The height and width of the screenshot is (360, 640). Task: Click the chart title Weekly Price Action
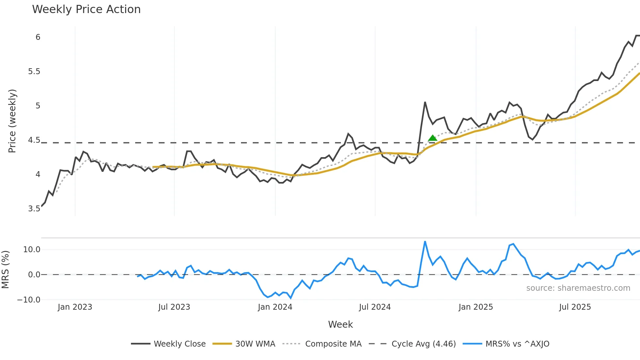[x=86, y=9]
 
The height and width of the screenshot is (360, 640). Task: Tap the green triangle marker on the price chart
[x=433, y=138]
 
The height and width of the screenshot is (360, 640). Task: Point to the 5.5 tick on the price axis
[x=34, y=72]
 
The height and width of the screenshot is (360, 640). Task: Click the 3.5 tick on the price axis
[x=34, y=209]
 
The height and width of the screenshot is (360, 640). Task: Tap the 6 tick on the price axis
[x=38, y=37]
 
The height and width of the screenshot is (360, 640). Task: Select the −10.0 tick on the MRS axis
[x=29, y=300]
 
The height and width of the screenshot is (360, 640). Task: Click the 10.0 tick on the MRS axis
[x=32, y=250]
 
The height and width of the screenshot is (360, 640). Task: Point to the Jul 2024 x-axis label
[x=375, y=307]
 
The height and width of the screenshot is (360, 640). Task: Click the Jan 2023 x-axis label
[x=75, y=307]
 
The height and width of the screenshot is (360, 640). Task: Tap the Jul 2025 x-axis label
[x=575, y=307]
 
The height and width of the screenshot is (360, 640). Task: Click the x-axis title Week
[x=340, y=324]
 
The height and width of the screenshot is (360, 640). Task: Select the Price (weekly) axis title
[x=12, y=121]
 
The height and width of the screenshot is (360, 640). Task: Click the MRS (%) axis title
[x=5, y=270]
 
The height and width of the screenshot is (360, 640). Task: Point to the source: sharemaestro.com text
[x=578, y=288]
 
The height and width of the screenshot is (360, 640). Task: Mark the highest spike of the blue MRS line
[x=425, y=242]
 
